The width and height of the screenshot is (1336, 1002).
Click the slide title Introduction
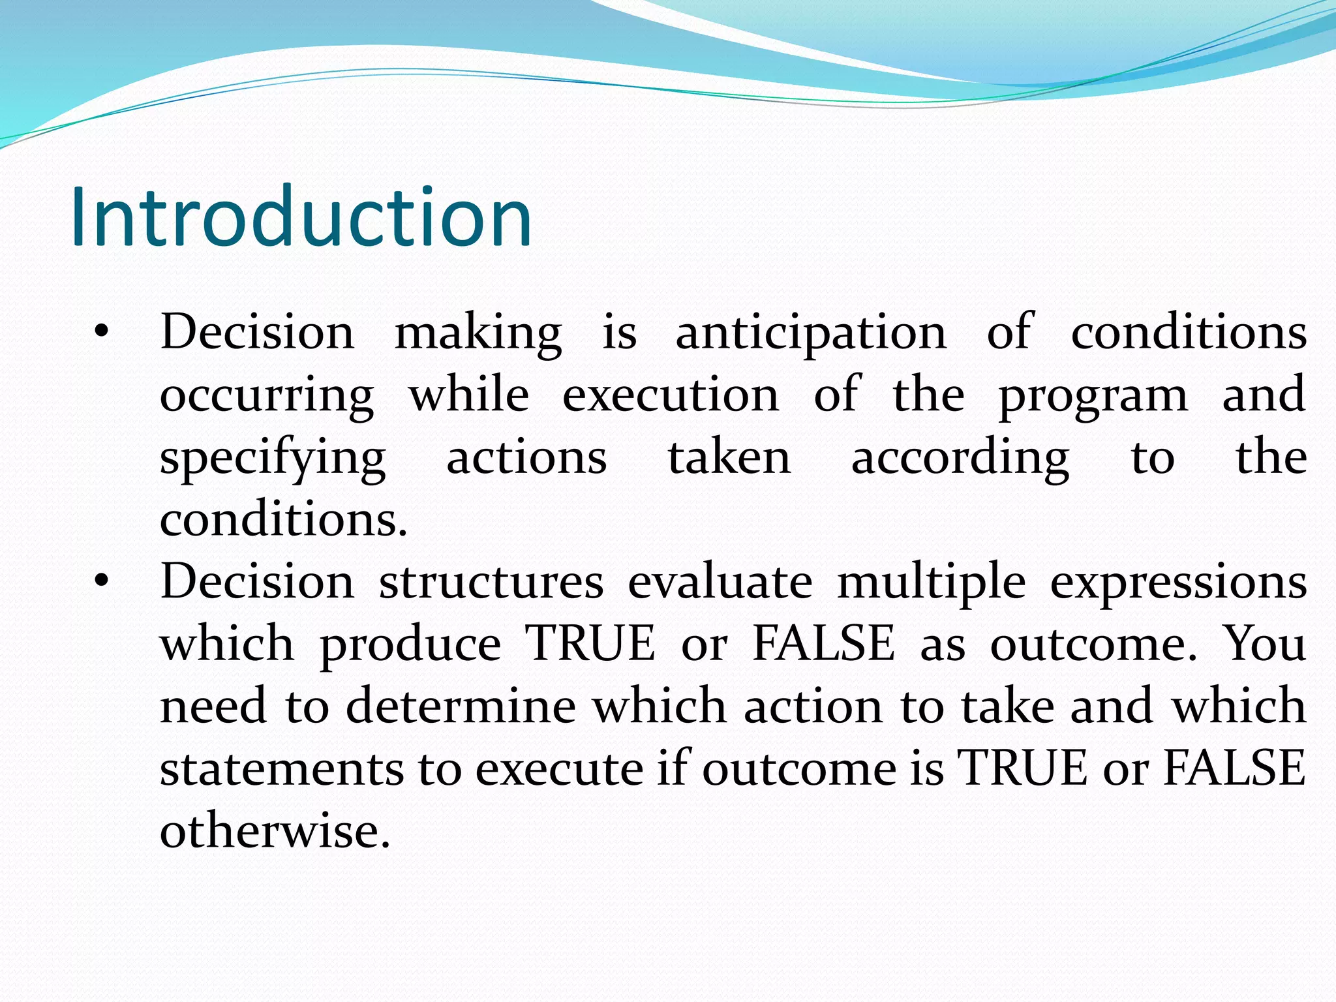301,217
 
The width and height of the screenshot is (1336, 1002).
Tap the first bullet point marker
100,333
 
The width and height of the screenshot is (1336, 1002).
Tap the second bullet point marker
100,581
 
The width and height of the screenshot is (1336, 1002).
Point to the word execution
671,395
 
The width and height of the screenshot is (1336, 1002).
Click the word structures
491,582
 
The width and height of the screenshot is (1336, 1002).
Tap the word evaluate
720,582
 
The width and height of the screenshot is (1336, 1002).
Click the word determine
461,706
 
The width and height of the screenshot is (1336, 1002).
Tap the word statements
282,769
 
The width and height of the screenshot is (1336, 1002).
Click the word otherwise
275,831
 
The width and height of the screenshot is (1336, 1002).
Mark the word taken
729,458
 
